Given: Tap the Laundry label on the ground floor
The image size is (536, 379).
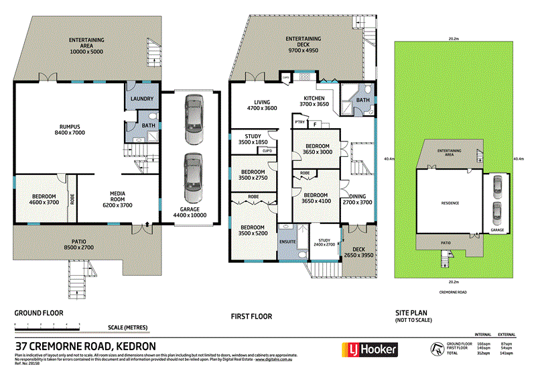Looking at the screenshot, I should click(x=142, y=99).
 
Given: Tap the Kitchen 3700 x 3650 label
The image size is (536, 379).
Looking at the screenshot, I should click(x=313, y=101).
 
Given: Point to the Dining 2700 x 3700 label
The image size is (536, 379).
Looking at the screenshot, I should click(x=357, y=199).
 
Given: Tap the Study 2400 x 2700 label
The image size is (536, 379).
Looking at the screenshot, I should click(x=325, y=242).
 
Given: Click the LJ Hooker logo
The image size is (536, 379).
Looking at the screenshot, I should click(x=371, y=349).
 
